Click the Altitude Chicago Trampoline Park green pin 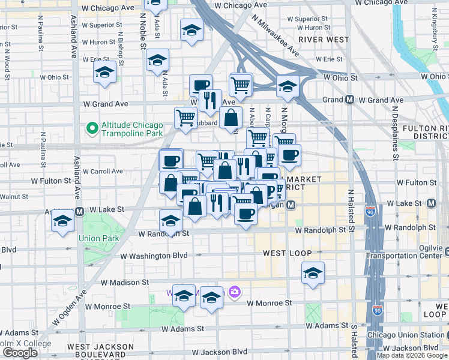92,128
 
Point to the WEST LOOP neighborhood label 286,254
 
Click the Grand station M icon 349,99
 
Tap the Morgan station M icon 291,205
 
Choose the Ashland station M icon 79,211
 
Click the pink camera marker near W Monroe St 234,292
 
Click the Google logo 20,353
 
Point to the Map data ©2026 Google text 412,355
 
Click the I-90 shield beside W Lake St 372,211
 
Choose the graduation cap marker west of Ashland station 62,223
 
